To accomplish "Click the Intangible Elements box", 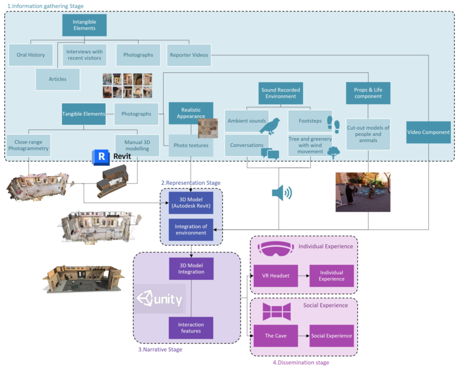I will click(84, 25).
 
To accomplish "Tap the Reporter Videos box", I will click(189, 55).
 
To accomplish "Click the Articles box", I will click(57, 79).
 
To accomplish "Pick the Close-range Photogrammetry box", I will click(29, 147).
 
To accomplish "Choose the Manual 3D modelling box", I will click(137, 147).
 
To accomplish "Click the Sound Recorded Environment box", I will click(281, 93).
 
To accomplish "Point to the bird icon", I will click(269, 125).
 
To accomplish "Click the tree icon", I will click(333, 153).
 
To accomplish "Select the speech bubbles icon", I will click(269, 153).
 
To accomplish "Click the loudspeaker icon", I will click(281, 193).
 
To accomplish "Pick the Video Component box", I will click(428, 132).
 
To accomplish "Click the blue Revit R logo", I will click(102, 156).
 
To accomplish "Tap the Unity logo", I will click(160, 299).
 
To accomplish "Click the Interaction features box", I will click(191, 327).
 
